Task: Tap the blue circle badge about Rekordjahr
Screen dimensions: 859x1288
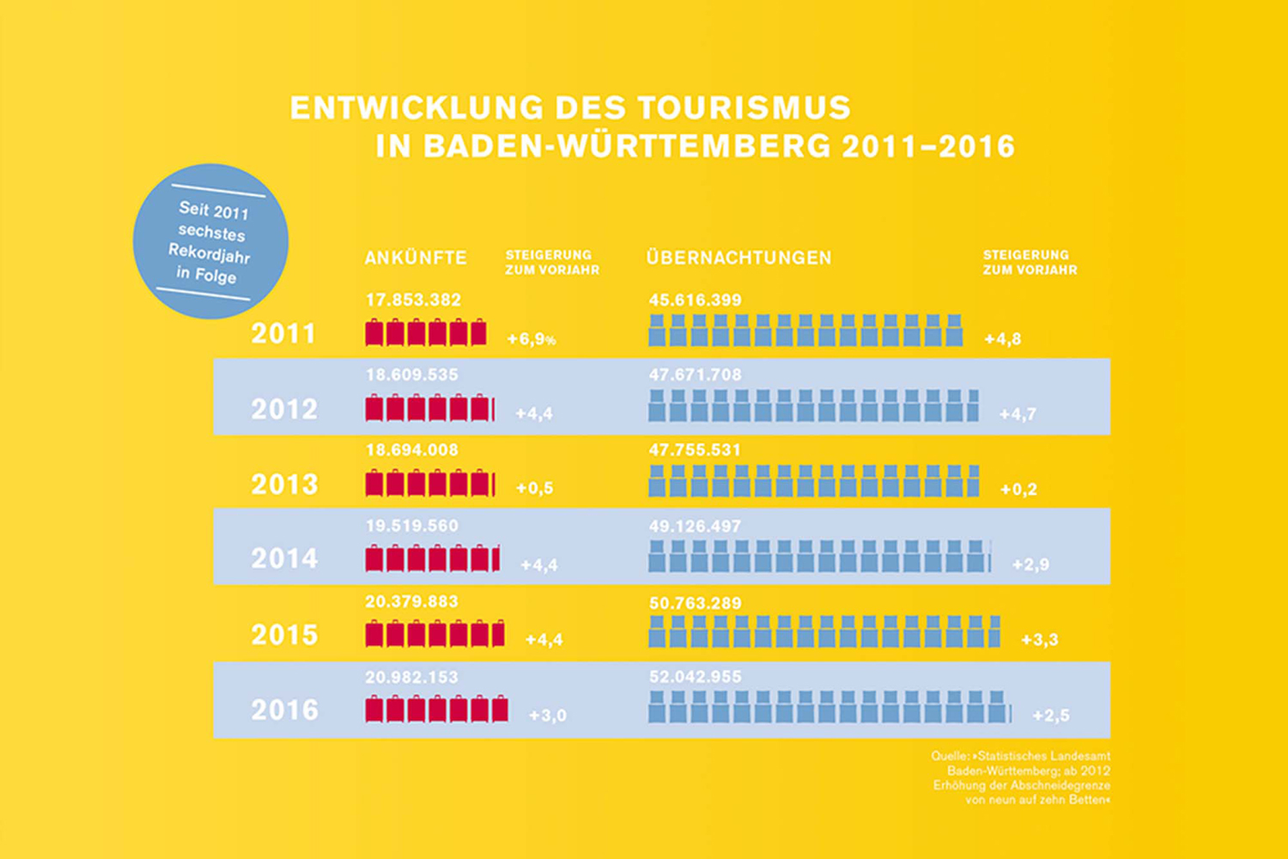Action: (210, 241)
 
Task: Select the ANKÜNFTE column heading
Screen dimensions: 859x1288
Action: (416, 258)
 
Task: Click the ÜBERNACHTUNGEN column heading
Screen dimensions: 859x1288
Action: (738, 258)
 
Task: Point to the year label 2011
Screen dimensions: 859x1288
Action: (283, 333)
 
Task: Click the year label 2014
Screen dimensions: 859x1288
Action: (284, 559)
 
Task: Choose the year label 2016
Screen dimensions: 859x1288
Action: (284, 710)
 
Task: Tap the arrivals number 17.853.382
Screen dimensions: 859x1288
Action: (413, 300)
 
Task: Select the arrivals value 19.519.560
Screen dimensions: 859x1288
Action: (412, 526)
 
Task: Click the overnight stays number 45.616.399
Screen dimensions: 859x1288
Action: (695, 300)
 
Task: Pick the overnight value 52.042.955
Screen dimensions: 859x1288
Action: (695, 677)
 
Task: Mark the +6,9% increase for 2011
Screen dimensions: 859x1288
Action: (532, 339)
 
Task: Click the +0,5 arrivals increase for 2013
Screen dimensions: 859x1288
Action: (534, 489)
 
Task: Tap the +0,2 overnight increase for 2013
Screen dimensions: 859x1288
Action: (1018, 490)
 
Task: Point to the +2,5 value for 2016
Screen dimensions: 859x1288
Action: (1050, 716)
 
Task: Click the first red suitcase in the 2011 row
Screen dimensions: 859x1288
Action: (374, 332)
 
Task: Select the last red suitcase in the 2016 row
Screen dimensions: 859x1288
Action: (500, 710)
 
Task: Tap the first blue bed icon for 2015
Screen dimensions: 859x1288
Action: (657, 631)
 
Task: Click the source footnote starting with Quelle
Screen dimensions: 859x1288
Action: (1021, 777)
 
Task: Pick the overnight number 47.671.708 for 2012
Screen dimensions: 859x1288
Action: (695, 375)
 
